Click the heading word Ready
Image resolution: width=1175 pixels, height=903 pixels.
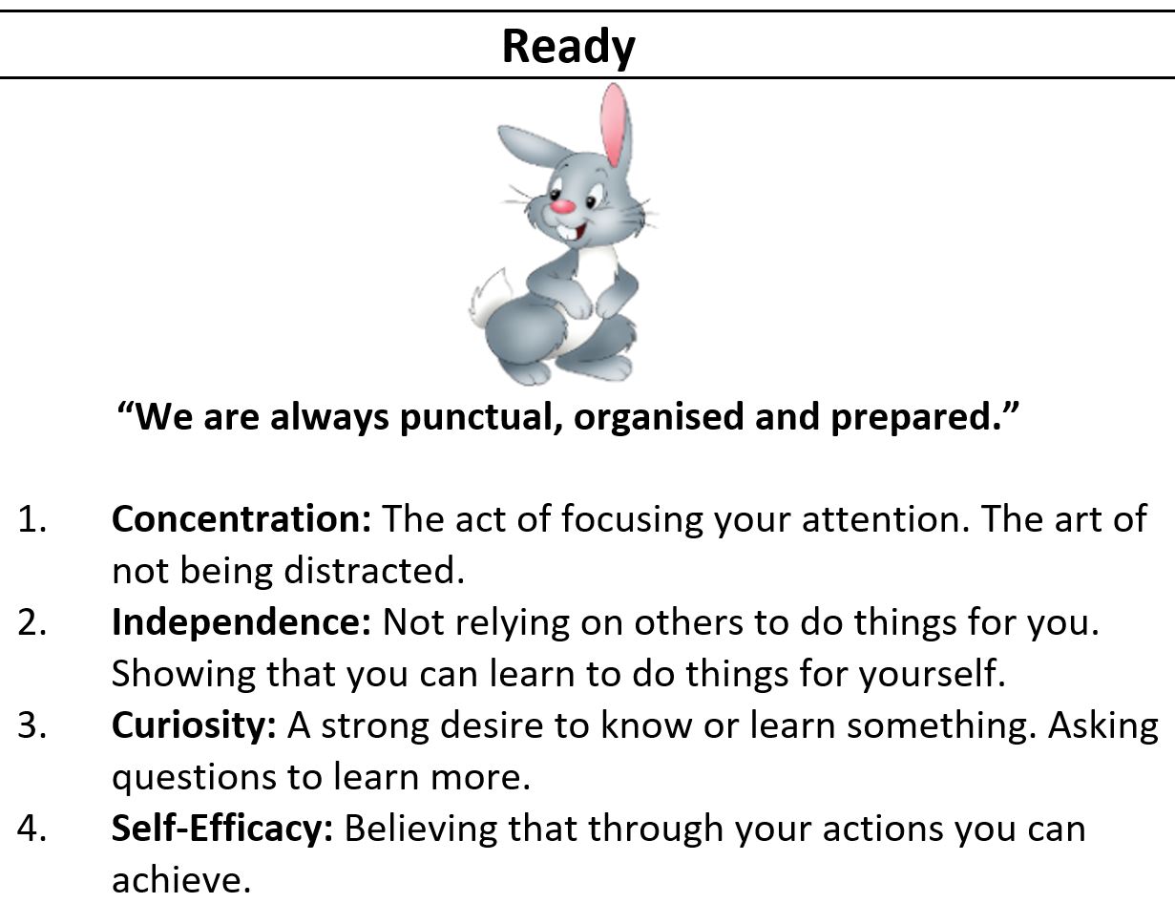tap(568, 48)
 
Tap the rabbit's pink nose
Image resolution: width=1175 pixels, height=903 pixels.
tap(563, 206)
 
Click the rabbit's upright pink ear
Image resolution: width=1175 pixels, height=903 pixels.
tap(616, 125)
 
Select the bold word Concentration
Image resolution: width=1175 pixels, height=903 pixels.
tap(241, 519)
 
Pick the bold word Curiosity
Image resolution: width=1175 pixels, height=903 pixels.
tap(194, 726)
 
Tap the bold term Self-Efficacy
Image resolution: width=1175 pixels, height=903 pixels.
tap(222, 829)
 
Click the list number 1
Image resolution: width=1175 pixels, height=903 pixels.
tap(31, 519)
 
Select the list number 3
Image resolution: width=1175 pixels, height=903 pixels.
tap(31, 726)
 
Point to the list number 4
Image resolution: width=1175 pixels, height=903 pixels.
tap(31, 829)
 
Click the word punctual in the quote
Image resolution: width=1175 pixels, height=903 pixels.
tap(479, 418)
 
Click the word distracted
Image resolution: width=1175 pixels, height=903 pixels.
tap(374, 571)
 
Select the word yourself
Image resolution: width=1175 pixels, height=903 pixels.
tap(933, 675)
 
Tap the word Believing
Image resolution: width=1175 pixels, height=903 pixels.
tap(421, 829)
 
